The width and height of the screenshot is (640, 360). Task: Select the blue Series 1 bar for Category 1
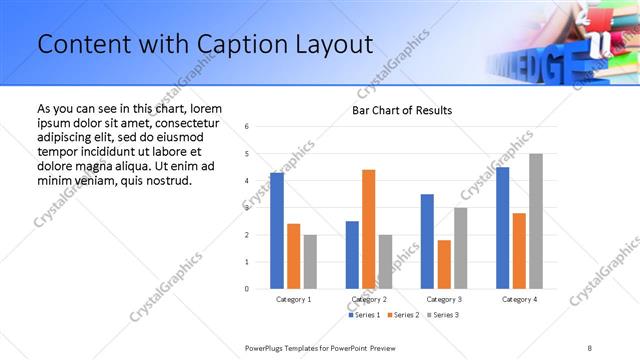point(277,231)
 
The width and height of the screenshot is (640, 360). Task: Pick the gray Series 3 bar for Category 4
point(536,221)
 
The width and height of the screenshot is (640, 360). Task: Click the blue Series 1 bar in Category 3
point(427,241)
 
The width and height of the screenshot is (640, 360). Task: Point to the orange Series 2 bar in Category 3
point(444,264)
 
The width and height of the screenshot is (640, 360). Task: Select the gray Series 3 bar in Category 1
point(310,262)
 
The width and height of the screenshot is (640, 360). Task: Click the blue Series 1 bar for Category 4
point(502,228)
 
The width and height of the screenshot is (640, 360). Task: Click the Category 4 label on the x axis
point(519,299)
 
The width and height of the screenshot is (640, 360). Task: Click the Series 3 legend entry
point(441,315)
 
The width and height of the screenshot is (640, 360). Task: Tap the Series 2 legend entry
point(403,315)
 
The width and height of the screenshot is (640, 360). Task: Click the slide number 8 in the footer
point(590,347)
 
